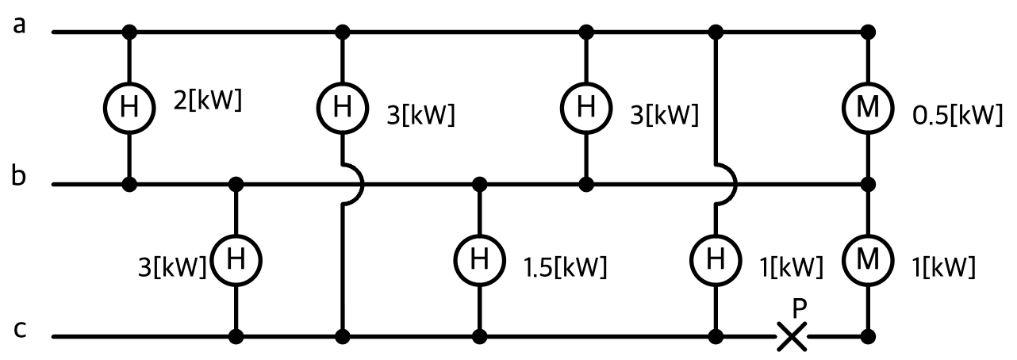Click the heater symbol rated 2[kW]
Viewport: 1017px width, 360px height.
coord(129,108)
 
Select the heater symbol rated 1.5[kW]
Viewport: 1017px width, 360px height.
coord(479,259)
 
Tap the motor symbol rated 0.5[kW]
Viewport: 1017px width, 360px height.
coord(868,108)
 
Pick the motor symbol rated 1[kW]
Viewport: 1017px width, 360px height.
coord(868,259)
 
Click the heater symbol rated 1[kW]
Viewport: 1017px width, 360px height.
coord(716,259)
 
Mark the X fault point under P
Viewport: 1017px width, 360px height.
coord(792,336)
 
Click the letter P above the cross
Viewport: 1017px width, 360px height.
coord(800,308)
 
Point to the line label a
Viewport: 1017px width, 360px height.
coord(19,26)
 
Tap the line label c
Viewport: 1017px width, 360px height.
coord(20,330)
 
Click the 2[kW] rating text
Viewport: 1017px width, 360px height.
coord(208,100)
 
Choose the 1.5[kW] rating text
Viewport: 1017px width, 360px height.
coord(565,267)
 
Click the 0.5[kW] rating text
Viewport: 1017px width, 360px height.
coord(958,115)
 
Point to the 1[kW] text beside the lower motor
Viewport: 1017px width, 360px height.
coord(943,267)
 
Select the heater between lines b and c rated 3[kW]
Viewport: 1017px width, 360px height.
coord(236,259)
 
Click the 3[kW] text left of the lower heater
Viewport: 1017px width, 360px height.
coord(172,267)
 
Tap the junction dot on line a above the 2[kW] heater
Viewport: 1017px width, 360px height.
coord(129,33)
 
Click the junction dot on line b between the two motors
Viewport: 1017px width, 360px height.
coord(868,184)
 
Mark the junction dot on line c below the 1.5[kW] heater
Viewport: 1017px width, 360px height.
coord(479,336)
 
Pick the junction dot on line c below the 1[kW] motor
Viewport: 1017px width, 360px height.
coord(868,336)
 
